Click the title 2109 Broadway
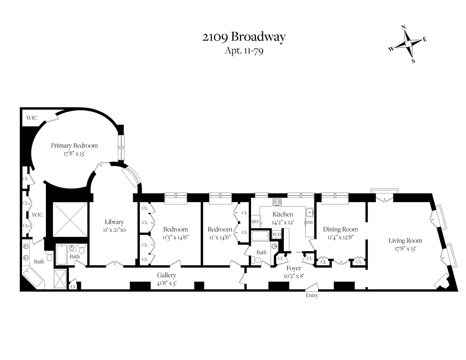click(244, 37)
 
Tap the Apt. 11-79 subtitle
click(244, 50)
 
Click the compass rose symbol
click(408, 44)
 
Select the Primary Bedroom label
click(74, 145)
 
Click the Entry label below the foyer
click(312, 296)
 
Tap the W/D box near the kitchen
click(276, 235)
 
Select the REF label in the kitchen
click(255, 222)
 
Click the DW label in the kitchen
click(309, 223)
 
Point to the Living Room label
click(405, 240)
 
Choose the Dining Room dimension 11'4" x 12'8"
click(340, 237)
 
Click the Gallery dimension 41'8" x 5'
click(166, 283)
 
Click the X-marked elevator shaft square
click(70, 219)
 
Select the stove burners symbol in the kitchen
click(277, 202)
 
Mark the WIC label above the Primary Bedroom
click(31, 118)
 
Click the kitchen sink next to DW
click(309, 212)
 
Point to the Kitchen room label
click(282, 214)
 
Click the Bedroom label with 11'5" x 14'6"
click(175, 229)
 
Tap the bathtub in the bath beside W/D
click(260, 236)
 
